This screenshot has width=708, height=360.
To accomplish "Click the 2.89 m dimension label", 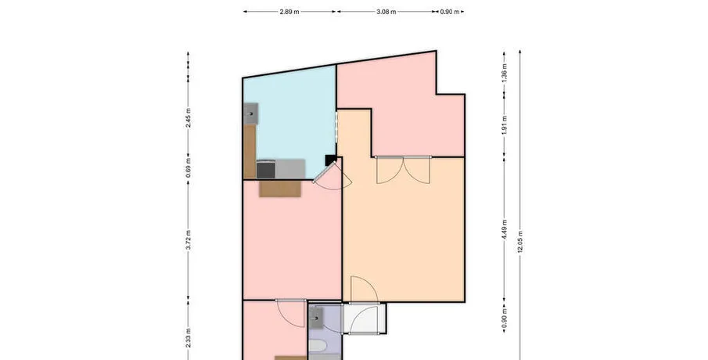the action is click(289, 13).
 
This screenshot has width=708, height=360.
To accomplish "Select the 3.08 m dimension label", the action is click(386, 13).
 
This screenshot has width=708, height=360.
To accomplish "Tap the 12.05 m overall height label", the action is click(520, 242).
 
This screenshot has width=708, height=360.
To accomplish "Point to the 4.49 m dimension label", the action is click(505, 229).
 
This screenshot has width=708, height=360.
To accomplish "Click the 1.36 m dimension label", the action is click(505, 72).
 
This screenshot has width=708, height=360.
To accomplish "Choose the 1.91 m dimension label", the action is click(505, 125).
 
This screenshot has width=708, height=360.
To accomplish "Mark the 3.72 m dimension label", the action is click(189, 239).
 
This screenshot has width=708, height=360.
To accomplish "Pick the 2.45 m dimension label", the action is click(189, 117).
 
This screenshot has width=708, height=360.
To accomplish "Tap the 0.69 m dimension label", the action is click(189, 167).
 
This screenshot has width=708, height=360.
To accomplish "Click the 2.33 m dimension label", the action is click(189, 338).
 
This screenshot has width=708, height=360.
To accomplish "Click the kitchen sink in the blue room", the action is click(251, 113).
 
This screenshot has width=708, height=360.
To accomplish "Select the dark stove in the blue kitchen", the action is click(266, 169).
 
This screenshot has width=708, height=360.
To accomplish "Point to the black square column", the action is click(330, 160).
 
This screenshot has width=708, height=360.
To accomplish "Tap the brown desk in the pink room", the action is click(280, 189).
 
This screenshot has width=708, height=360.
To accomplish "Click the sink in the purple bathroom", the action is click(316, 318).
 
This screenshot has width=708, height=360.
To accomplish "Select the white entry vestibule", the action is click(364, 319).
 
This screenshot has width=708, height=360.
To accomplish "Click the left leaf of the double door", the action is click(390, 171).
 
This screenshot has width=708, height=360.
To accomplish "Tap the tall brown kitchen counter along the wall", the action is click(250, 151).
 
